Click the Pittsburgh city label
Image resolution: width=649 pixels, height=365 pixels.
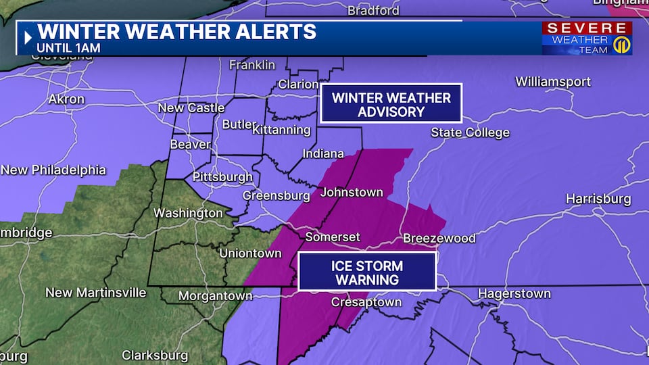pos(222,177)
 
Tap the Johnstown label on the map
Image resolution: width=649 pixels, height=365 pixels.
pos(352,192)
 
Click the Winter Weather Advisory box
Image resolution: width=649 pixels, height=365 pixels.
pos(391,104)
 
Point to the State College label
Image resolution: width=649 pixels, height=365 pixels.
pos(470,132)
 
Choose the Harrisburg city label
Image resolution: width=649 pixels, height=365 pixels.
pos(598,199)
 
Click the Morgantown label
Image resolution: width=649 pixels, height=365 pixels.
pos(215,296)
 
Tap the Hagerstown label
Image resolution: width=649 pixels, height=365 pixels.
pos(514,293)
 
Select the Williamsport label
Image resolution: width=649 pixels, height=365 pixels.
pos(552,82)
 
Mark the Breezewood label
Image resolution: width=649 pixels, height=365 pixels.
pos(439,238)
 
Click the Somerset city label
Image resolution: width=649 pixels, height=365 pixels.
pos(333,237)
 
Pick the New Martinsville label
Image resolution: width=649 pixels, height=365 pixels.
pos(95,293)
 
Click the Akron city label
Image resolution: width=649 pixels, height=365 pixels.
pos(66,99)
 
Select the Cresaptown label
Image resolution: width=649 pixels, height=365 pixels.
pos(366,302)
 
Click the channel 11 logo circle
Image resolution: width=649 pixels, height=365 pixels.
pos(622,45)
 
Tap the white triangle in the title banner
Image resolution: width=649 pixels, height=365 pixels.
pos(28,38)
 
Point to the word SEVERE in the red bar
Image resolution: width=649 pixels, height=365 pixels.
pos(586,28)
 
